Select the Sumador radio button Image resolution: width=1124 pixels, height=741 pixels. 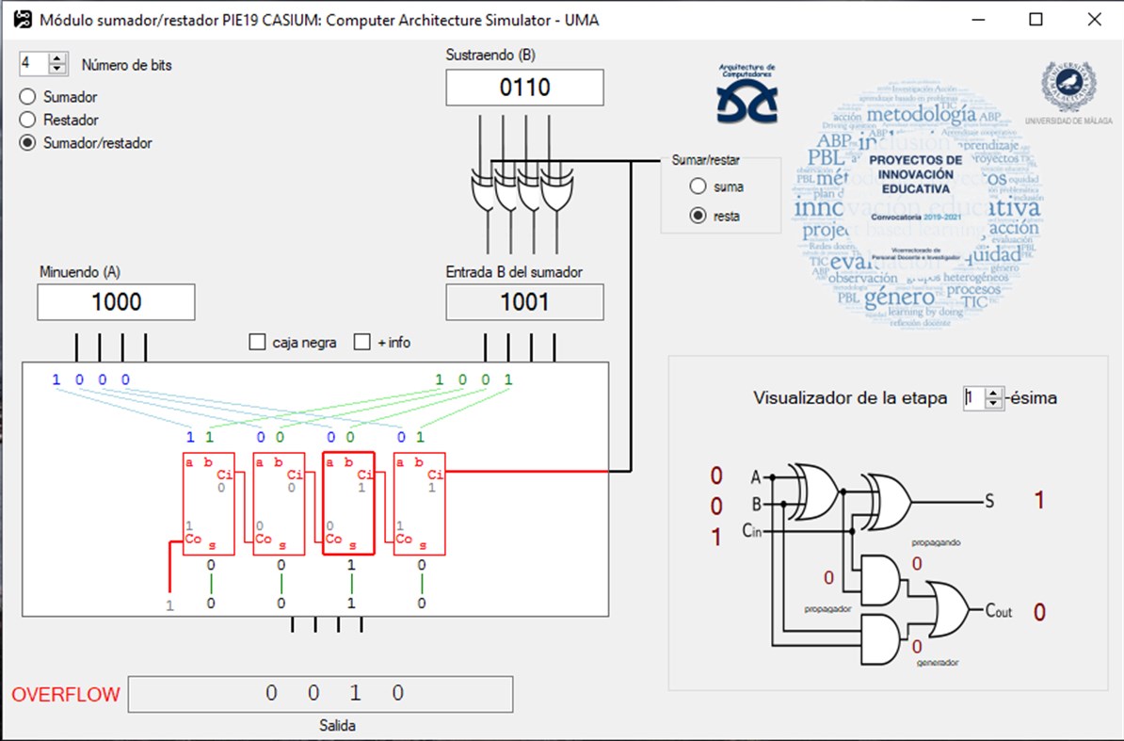pos(27,97)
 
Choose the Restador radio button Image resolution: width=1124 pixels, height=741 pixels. pos(27,120)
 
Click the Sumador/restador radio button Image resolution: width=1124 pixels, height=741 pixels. pos(27,143)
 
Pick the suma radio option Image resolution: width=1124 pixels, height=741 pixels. pos(698,186)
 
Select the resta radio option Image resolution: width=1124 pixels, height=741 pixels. pos(698,216)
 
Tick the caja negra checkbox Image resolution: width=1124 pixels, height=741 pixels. pos(257,343)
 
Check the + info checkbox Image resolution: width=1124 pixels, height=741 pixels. pos(362,343)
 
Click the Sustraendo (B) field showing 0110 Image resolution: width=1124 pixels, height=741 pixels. pos(524,89)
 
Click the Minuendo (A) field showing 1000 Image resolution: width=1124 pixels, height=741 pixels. pos(116,302)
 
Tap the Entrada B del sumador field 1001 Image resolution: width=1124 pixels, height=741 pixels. pos(524,302)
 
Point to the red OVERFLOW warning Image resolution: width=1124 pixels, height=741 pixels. pos(66,695)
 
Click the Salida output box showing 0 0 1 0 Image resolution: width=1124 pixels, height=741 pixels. pos(320,694)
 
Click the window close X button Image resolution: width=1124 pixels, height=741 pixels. pos(1093,20)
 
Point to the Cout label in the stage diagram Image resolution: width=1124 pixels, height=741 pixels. pos(998,611)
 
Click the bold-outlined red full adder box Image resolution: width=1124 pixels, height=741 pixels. pos(348,504)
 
